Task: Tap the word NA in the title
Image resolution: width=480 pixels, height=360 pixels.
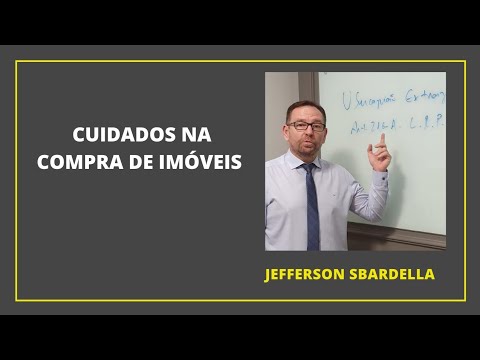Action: click(191, 133)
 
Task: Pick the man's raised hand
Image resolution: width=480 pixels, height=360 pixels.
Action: click(378, 155)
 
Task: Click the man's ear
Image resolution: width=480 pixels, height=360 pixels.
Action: click(284, 131)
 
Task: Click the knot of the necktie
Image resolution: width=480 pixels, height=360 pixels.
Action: click(310, 167)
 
